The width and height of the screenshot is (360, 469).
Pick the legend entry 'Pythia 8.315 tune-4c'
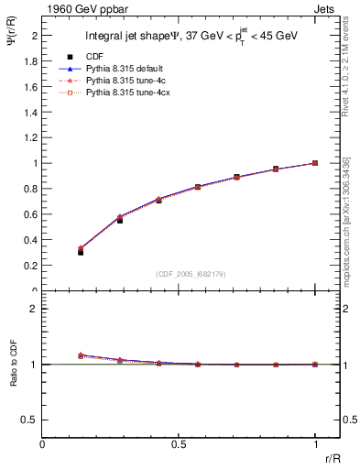click(x=126, y=81)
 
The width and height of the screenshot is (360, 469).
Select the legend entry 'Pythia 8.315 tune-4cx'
click(x=129, y=93)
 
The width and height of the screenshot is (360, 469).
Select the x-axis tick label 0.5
click(x=179, y=445)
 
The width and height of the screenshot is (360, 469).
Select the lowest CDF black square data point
click(x=81, y=251)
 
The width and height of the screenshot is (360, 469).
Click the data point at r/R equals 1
click(x=315, y=163)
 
